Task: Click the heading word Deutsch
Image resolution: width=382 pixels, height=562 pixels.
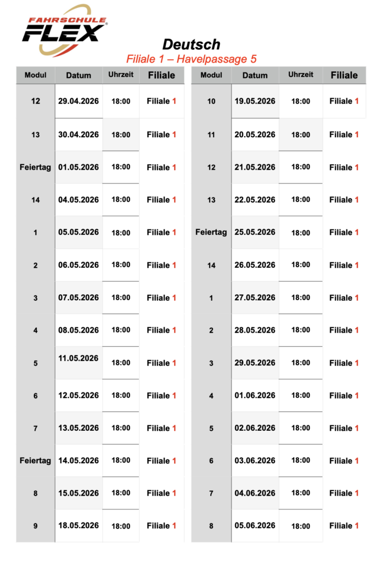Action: coord(191,44)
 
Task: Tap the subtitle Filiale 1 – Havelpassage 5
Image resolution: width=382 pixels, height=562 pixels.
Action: coord(191,59)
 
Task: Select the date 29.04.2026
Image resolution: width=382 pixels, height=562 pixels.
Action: coord(78,101)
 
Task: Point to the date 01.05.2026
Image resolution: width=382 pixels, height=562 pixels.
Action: coord(78,167)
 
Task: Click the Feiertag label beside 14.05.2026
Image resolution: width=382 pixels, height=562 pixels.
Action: coord(36,460)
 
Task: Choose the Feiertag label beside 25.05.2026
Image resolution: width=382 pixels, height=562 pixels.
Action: coord(211,232)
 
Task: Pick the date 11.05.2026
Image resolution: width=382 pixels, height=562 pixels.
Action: coord(78,358)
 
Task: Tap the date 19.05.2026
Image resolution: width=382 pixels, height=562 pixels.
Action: coord(255,101)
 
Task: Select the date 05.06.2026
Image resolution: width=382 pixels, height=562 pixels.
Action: coord(255,525)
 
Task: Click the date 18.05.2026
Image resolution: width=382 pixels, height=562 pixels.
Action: coord(78,525)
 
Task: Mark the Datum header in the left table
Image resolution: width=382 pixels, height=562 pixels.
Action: coord(78,75)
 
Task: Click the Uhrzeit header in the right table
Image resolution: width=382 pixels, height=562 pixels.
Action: coord(301,75)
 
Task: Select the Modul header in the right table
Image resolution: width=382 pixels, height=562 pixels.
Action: coord(211,75)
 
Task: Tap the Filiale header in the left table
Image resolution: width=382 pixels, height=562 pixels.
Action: coord(161,75)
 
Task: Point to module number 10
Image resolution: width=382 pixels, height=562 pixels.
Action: coord(211,102)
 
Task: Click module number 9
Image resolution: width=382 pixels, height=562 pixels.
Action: coord(36,526)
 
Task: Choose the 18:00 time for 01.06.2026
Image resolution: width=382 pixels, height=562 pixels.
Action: coord(301,395)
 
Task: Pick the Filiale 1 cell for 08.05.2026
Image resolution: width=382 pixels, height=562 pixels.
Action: coord(161,330)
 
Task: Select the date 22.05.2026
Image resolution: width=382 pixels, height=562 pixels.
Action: coord(255,199)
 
